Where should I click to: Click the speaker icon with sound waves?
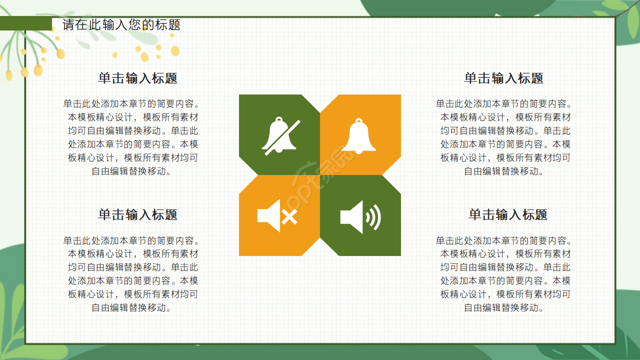coord(359,217)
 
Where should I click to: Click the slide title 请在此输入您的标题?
coord(121,24)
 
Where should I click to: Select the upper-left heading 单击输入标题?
coord(138,78)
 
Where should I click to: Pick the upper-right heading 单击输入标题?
coord(503,78)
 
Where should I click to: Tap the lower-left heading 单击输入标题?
coord(138,214)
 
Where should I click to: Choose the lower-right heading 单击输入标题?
coord(507,214)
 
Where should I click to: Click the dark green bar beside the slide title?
coord(26,23)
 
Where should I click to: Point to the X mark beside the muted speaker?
coord(290,217)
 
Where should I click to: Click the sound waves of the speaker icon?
coord(373,217)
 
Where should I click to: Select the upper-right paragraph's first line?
coord(504,104)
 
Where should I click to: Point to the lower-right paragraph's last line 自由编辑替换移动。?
coord(504,307)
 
